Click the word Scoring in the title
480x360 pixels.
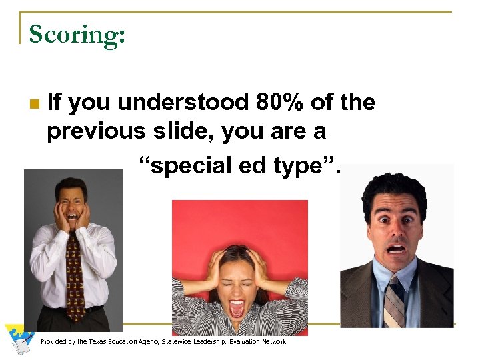tap(76, 34)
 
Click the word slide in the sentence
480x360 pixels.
tap(178, 131)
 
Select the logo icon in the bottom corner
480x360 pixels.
tap(19, 339)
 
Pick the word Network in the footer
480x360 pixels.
tap(271, 341)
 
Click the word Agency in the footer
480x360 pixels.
tap(158, 341)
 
